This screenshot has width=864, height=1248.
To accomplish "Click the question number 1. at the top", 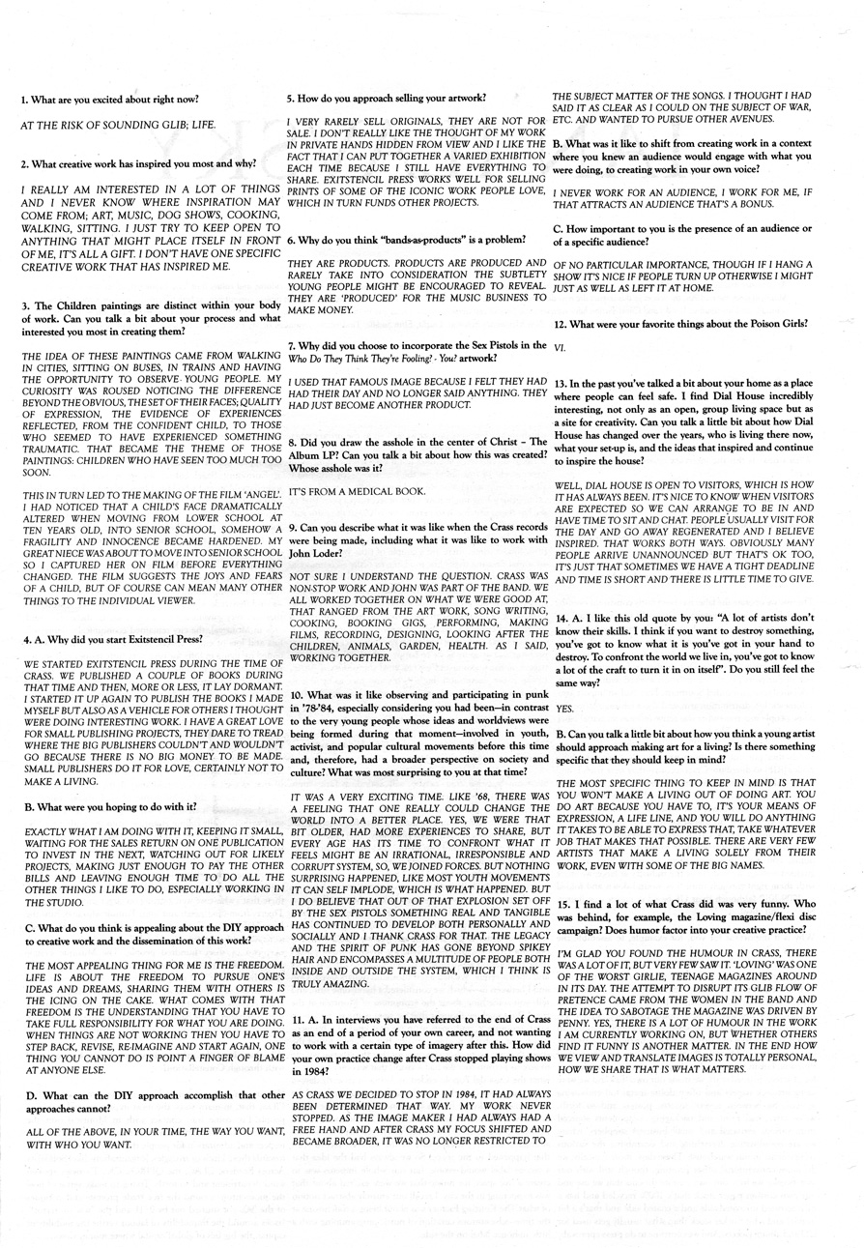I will click(25, 101).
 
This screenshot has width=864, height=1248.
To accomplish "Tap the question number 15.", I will click(562, 902).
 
